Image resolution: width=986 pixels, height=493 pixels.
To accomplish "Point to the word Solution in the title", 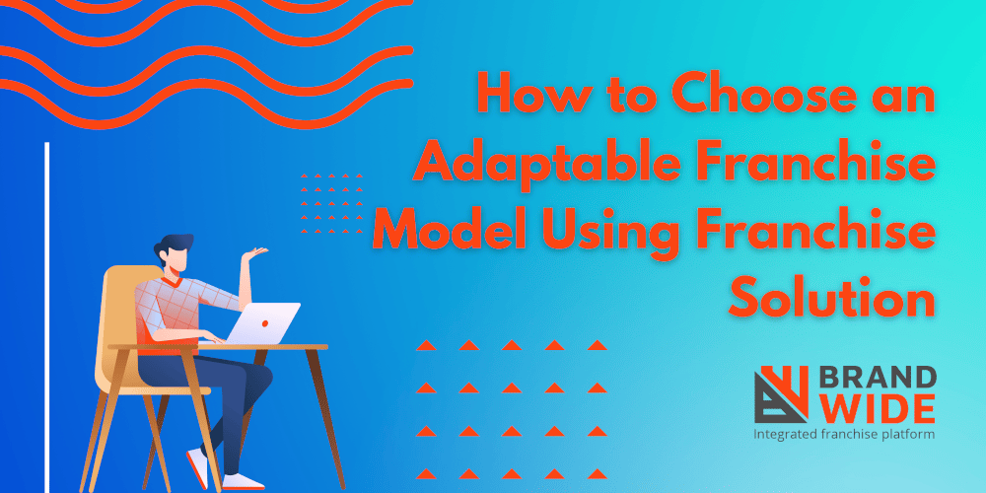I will (x=831, y=298).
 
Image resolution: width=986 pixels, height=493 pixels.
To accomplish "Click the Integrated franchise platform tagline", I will (x=843, y=433).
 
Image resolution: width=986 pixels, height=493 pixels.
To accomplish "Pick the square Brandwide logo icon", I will (x=782, y=393).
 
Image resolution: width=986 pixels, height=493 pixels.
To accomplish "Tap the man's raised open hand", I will (x=258, y=253).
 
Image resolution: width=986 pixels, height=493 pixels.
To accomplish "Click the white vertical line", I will (x=46, y=316).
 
